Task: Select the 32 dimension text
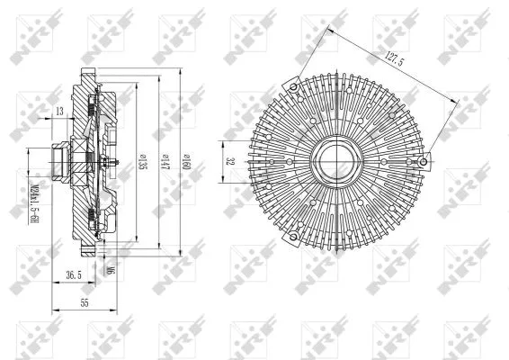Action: [230, 163]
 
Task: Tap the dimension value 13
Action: [59, 111]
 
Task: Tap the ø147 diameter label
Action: [163, 163]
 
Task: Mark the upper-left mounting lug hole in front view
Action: [293, 87]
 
